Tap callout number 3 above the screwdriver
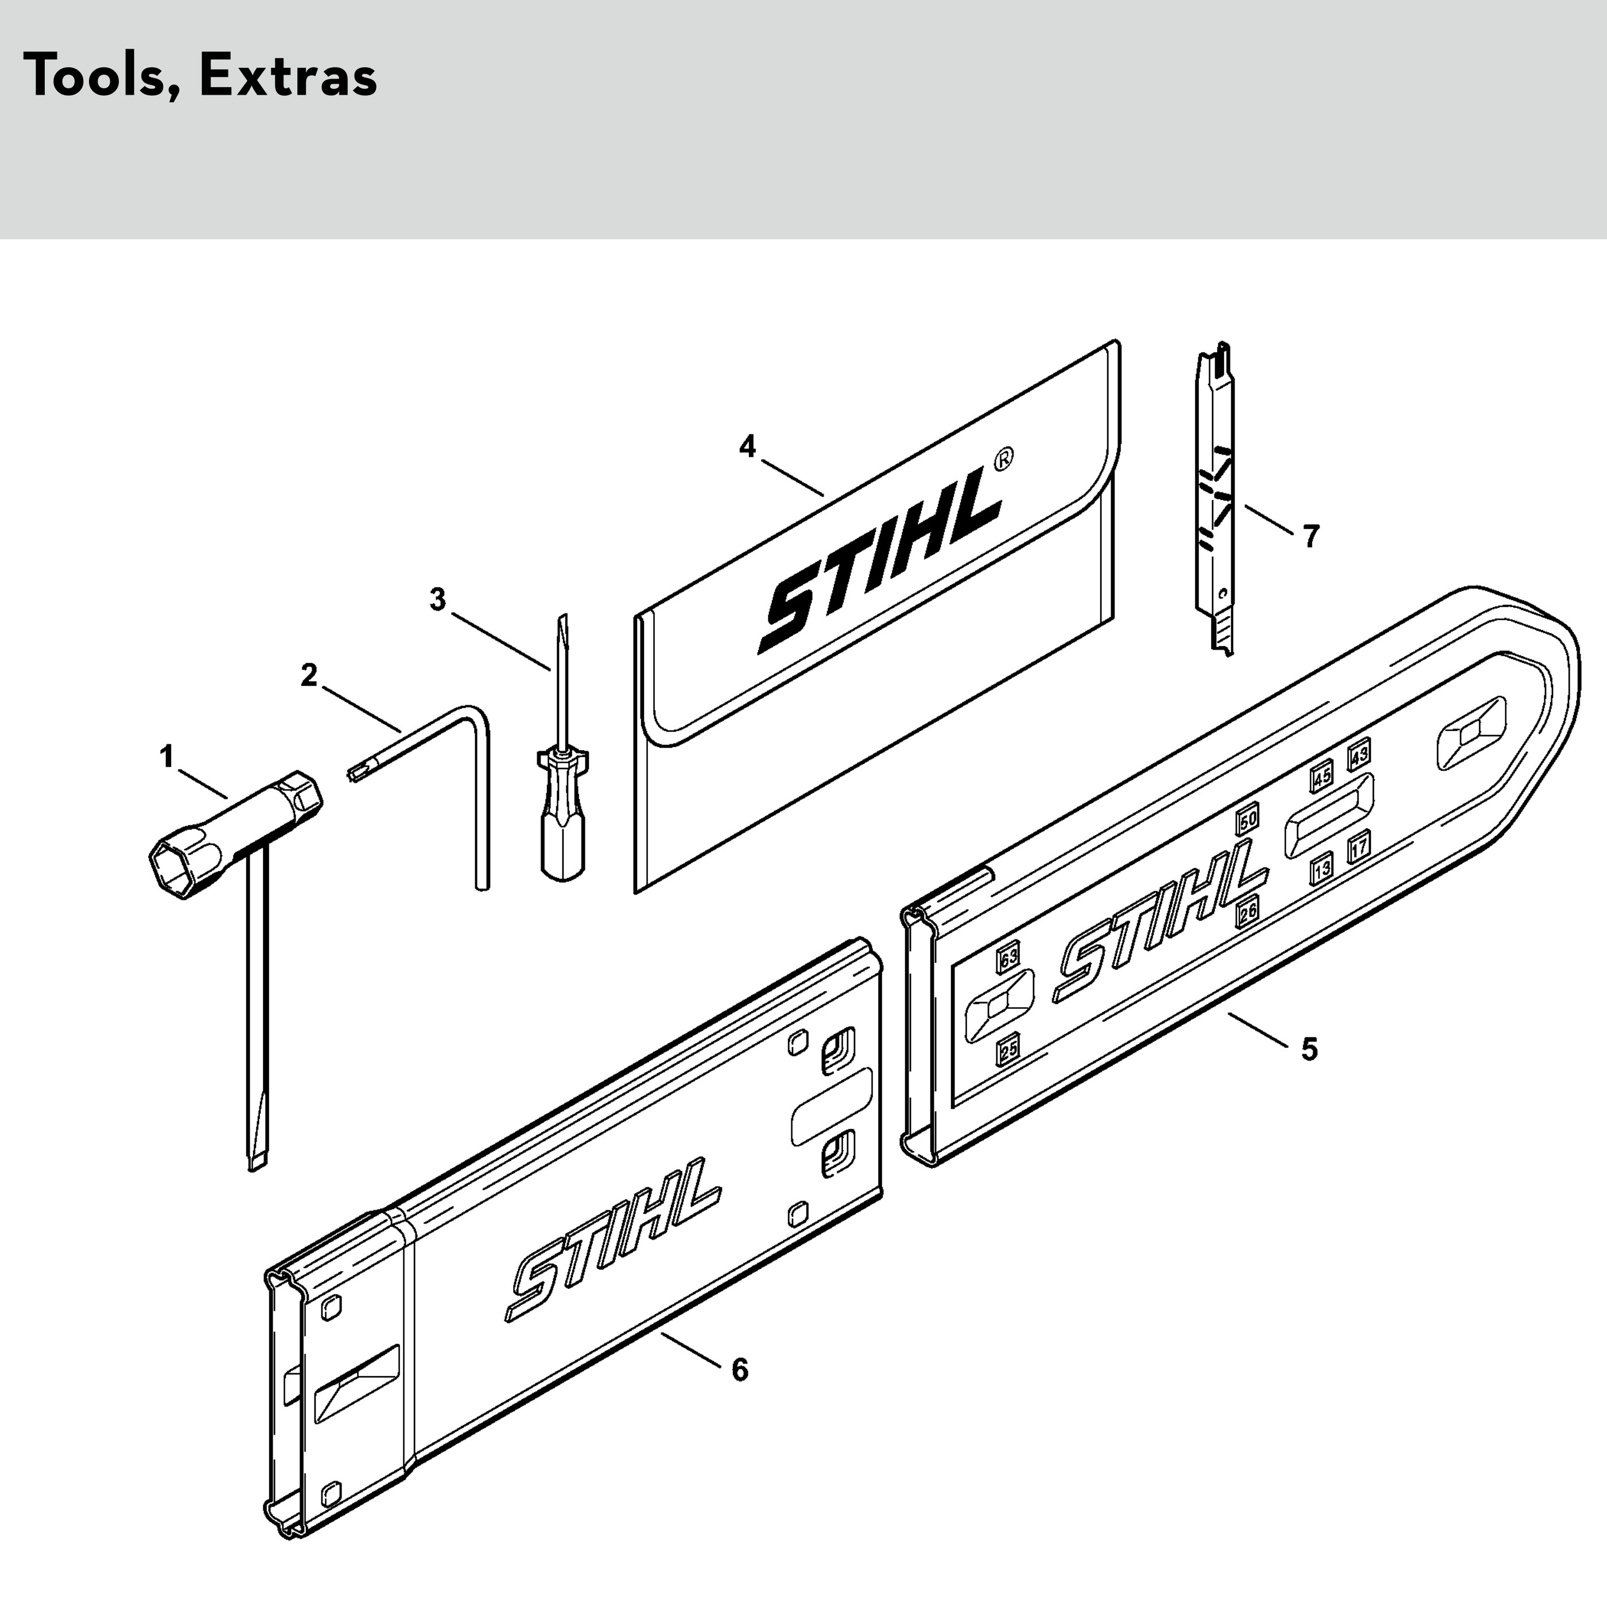tap(437, 600)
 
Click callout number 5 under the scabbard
tap(1309, 1048)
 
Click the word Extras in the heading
tap(289, 77)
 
